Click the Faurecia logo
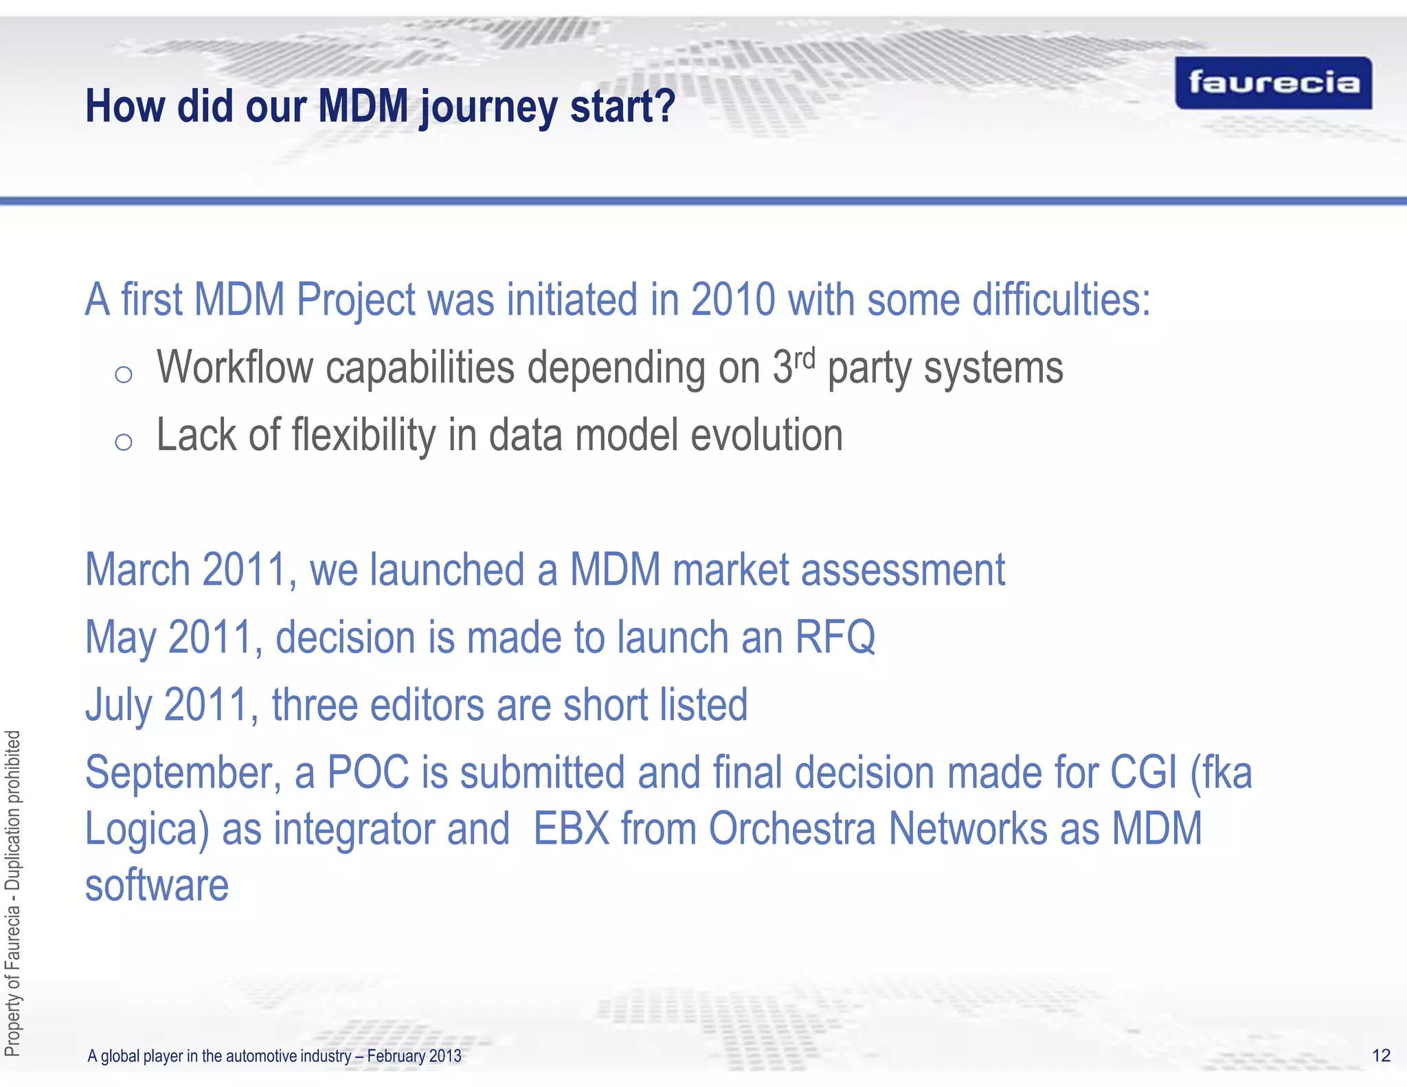click(x=1273, y=83)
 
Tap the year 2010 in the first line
click(x=733, y=301)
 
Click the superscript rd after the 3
click(x=804, y=359)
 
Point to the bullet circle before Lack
click(x=124, y=442)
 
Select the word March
click(x=137, y=570)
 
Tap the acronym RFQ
click(x=835, y=638)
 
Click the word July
click(x=117, y=706)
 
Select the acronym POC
click(x=368, y=773)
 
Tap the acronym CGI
click(x=1144, y=773)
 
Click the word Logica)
click(x=146, y=829)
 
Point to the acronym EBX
click(x=572, y=829)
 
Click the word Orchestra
click(x=792, y=829)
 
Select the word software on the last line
click(x=157, y=886)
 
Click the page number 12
click(x=1381, y=1055)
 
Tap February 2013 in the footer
click(x=414, y=1056)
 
